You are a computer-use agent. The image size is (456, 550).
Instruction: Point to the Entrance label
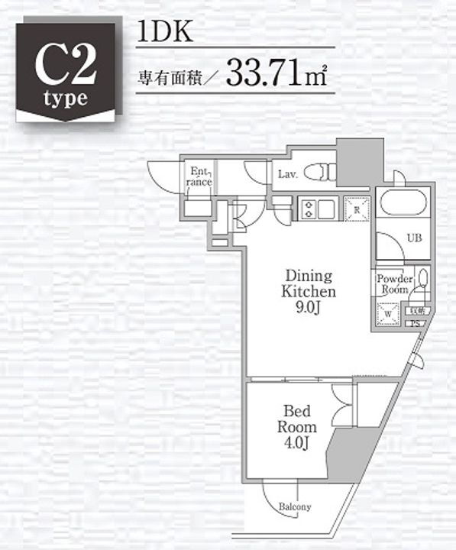click(x=200, y=177)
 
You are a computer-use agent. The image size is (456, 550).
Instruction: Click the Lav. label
click(x=288, y=173)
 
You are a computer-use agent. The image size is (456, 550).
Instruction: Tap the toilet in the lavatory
click(x=319, y=173)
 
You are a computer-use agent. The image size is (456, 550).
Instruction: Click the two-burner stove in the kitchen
click(x=309, y=209)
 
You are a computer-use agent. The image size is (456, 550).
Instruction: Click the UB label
click(x=413, y=238)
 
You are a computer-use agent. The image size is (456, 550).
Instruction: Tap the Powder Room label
click(x=395, y=285)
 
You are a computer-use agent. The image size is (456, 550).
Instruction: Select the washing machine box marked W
click(x=388, y=313)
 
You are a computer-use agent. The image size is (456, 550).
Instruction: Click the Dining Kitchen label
click(x=309, y=283)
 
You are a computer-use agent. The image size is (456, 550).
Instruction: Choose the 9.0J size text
click(x=309, y=308)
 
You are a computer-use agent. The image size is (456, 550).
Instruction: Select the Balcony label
click(x=295, y=507)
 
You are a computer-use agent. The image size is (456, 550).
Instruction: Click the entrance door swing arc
click(x=163, y=175)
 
